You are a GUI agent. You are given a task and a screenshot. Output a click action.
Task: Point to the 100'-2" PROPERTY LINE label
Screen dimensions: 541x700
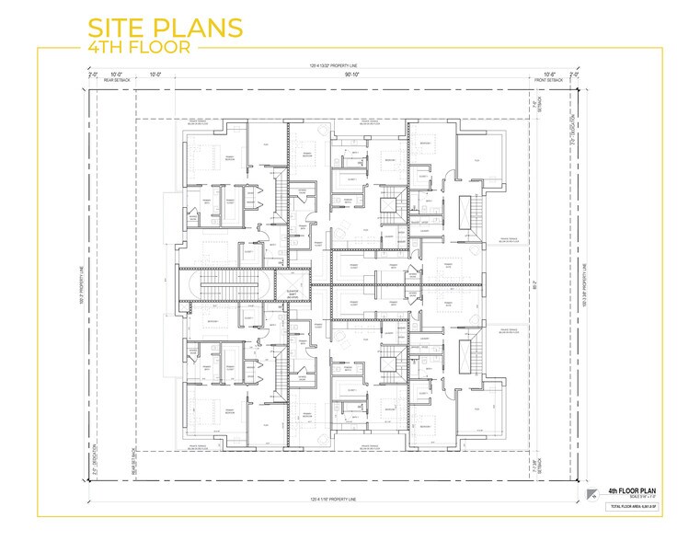click(82, 282)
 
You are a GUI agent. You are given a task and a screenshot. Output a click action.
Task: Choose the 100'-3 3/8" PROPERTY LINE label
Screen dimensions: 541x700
click(585, 282)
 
